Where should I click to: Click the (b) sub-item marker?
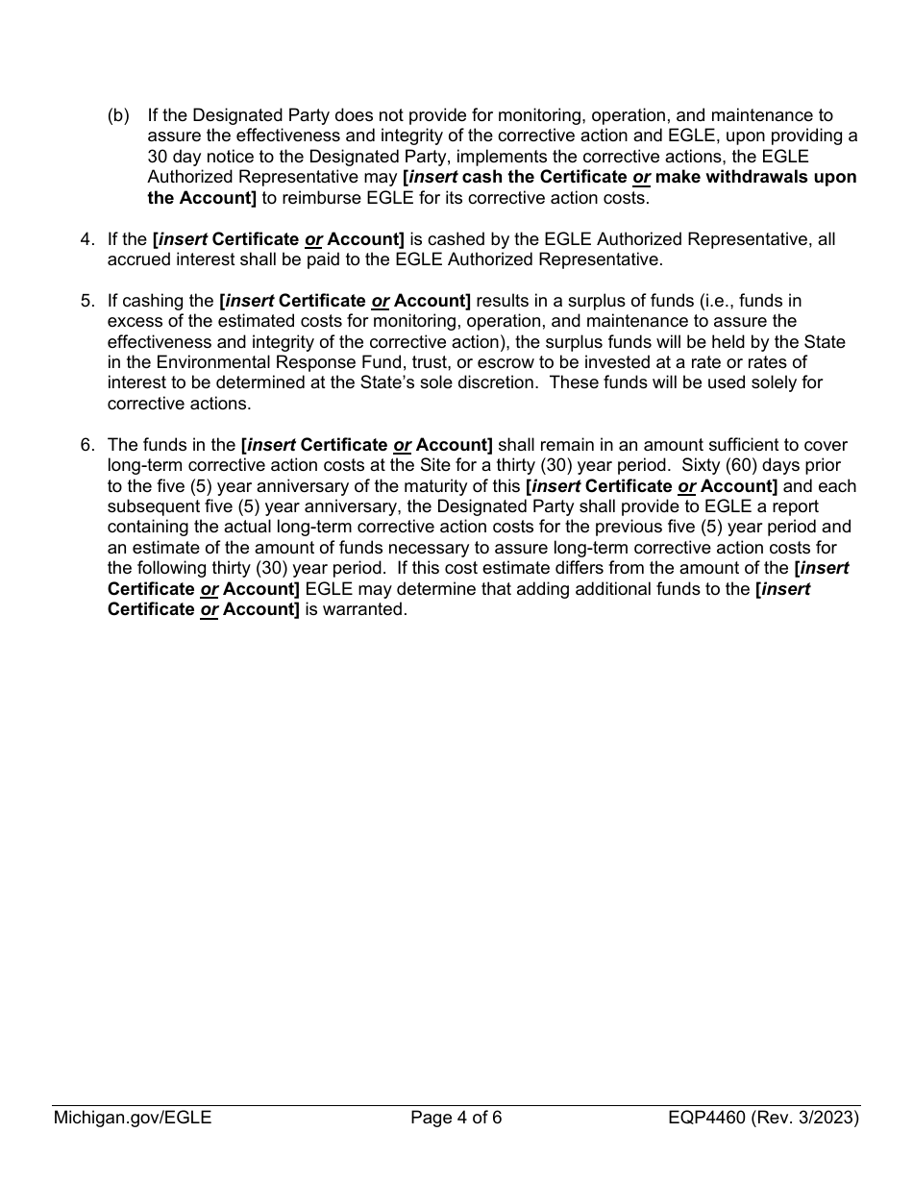[x=118, y=115]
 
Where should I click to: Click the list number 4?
[x=86, y=239]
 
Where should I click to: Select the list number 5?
[x=86, y=301]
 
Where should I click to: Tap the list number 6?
[x=86, y=445]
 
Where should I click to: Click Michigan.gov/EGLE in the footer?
[x=133, y=1118]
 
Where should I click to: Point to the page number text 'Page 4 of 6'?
[x=456, y=1118]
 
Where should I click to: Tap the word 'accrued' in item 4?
[x=137, y=259]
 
